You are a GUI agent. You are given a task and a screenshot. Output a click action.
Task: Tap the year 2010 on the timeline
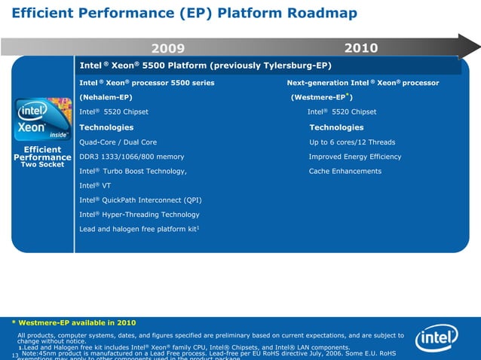(360, 48)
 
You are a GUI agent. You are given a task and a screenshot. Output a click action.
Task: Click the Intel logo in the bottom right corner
(437, 338)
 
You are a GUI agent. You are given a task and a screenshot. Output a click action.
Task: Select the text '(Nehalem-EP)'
(106, 97)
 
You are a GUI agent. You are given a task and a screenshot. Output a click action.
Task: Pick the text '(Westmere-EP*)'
(322, 97)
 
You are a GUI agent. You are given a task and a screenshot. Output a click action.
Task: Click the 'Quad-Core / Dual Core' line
(118, 142)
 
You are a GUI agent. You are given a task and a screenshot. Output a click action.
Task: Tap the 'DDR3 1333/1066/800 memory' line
(131, 157)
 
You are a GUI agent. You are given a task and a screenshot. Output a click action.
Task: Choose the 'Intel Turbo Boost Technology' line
(133, 171)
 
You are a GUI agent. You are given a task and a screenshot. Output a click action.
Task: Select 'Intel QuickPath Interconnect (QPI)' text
(140, 200)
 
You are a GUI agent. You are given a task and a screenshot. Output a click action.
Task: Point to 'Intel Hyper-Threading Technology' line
(139, 214)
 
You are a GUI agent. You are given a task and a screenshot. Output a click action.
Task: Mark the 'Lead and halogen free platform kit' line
(139, 228)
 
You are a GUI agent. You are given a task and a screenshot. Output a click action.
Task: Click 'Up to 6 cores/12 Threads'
(352, 142)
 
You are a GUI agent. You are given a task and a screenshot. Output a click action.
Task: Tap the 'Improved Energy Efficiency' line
(355, 157)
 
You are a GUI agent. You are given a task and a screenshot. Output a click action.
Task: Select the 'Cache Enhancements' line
(345, 171)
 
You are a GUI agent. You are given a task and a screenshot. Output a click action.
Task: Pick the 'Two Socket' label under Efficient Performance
(41, 164)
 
